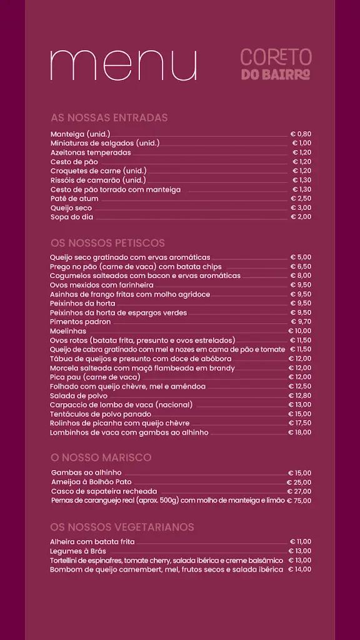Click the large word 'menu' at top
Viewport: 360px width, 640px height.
tap(123, 64)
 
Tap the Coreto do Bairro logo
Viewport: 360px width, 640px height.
tap(276, 65)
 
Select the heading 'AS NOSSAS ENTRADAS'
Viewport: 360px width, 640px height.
tap(109, 117)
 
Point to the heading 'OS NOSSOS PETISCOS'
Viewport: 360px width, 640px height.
tap(107, 242)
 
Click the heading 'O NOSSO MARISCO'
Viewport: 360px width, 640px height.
tap(101, 457)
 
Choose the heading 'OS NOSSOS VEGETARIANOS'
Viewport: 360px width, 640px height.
tap(122, 527)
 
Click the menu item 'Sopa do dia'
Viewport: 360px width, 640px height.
tap(71, 217)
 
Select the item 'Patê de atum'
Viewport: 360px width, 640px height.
tap(74, 199)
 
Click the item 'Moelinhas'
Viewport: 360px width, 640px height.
tap(68, 331)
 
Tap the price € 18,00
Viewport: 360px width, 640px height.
tap(299, 432)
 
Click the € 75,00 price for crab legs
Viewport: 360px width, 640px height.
tap(299, 501)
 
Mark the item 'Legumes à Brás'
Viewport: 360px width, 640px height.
tap(78, 551)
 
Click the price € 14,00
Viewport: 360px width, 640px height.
tap(299, 569)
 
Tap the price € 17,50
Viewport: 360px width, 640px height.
tap(299, 423)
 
